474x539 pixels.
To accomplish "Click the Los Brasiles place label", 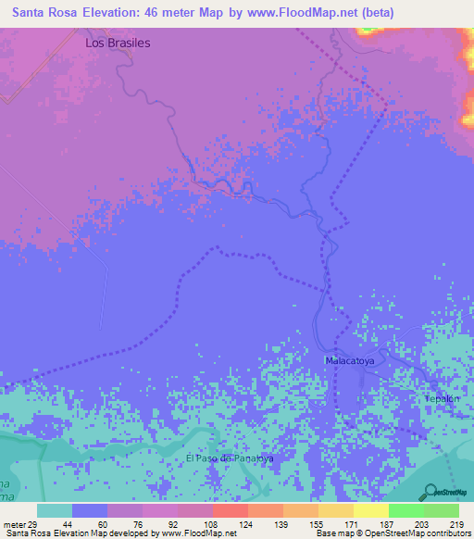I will point(117,43).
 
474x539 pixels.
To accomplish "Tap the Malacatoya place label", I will point(348,359).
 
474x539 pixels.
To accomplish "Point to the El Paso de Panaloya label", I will point(230,458).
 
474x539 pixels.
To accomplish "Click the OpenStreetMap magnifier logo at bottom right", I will point(431,493).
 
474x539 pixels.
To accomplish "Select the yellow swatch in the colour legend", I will point(370,510).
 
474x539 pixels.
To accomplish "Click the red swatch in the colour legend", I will point(230,510).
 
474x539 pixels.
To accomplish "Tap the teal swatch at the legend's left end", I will point(54,510).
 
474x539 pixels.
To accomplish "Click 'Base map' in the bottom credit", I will point(332,533).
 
